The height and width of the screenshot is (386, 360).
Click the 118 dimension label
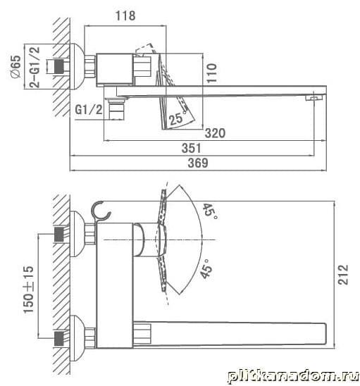click(x=125, y=15)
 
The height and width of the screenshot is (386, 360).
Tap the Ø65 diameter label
click(x=15, y=66)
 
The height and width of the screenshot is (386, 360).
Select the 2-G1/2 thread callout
click(x=35, y=67)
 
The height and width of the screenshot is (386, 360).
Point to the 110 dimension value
click(x=211, y=73)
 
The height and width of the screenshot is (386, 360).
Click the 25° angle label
click(x=178, y=118)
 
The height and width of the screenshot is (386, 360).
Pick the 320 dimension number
click(x=215, y=133)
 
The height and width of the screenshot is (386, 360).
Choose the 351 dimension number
click(x=192, y=148)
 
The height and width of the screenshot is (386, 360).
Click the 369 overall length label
click(x=198, y=163)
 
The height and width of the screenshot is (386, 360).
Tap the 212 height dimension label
click(x=343, y=275)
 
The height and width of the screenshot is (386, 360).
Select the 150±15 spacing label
click(x=28, y=289)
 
